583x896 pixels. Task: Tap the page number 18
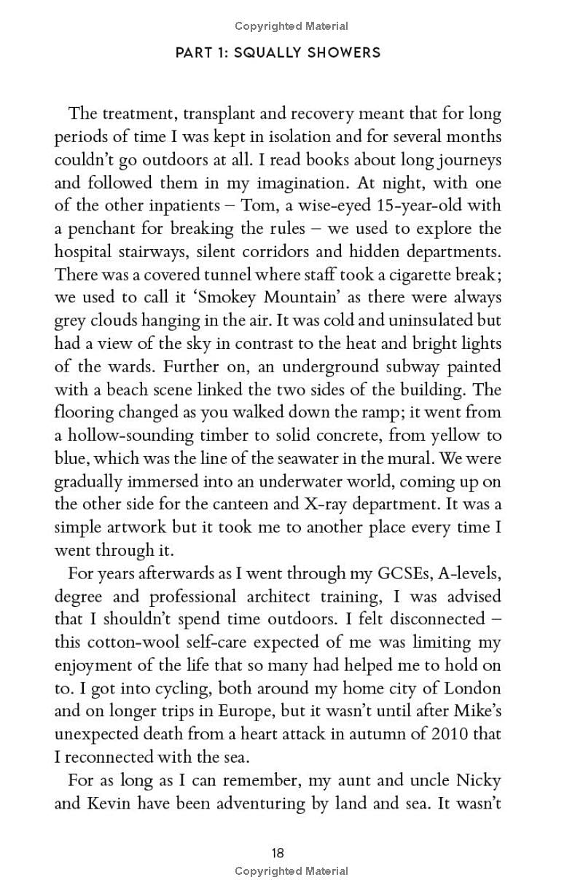coord(277,853)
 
